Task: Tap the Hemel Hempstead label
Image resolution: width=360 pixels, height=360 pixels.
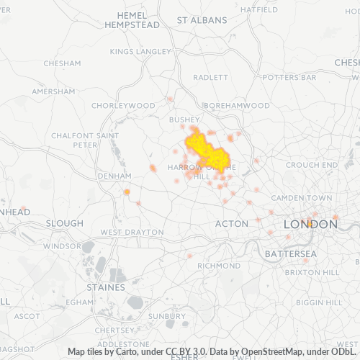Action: pyautogui.click(x=132, y=19)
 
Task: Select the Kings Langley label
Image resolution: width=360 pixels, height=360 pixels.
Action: pyautogui.click(x=140, y=52)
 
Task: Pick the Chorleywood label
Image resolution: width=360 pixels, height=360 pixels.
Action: pyautogui.click(x=124, y=105)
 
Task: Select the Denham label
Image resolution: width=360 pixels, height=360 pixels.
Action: pyautogui.click(x=114, y=175)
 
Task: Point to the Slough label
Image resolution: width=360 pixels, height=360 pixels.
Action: pyautogui.click(x=64, y=223)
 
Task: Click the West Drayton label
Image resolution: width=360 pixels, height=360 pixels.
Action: pyautogui.click(x=132, y=233)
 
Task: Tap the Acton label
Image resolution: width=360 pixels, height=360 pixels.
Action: pyautogui.click(x=232, y=224)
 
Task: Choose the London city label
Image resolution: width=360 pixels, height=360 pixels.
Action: pyautogui.click(x=310, y=225)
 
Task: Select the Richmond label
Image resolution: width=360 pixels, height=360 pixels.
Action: pyautogui.click(x=218, y=266)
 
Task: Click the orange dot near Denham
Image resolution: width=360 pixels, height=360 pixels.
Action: pyautogui.click(x=127, y=192)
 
